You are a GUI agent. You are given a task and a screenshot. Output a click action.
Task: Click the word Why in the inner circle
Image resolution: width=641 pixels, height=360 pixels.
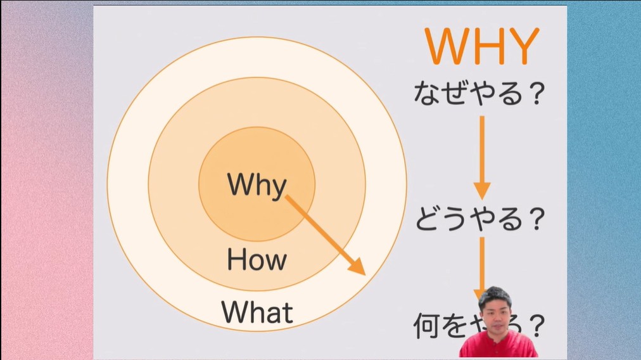257,184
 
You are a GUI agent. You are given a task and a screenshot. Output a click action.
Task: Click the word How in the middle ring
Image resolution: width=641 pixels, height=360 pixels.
257,259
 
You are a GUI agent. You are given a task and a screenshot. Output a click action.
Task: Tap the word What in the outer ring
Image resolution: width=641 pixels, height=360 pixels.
257,312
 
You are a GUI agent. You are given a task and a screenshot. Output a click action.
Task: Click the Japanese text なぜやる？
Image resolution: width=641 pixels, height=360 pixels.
479,94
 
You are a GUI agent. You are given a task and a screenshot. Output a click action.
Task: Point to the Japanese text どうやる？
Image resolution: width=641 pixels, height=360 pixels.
480,219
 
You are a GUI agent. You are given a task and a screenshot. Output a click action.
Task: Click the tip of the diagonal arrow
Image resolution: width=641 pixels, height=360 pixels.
364,273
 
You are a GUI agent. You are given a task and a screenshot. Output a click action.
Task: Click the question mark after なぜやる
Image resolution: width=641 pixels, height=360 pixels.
536,94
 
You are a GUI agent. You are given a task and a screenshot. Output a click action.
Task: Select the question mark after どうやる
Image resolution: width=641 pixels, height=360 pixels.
536,219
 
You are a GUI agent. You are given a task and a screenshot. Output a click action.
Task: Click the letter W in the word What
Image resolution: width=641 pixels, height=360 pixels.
233,312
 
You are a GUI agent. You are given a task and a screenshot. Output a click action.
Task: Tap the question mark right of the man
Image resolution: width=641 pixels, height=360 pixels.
536,326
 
